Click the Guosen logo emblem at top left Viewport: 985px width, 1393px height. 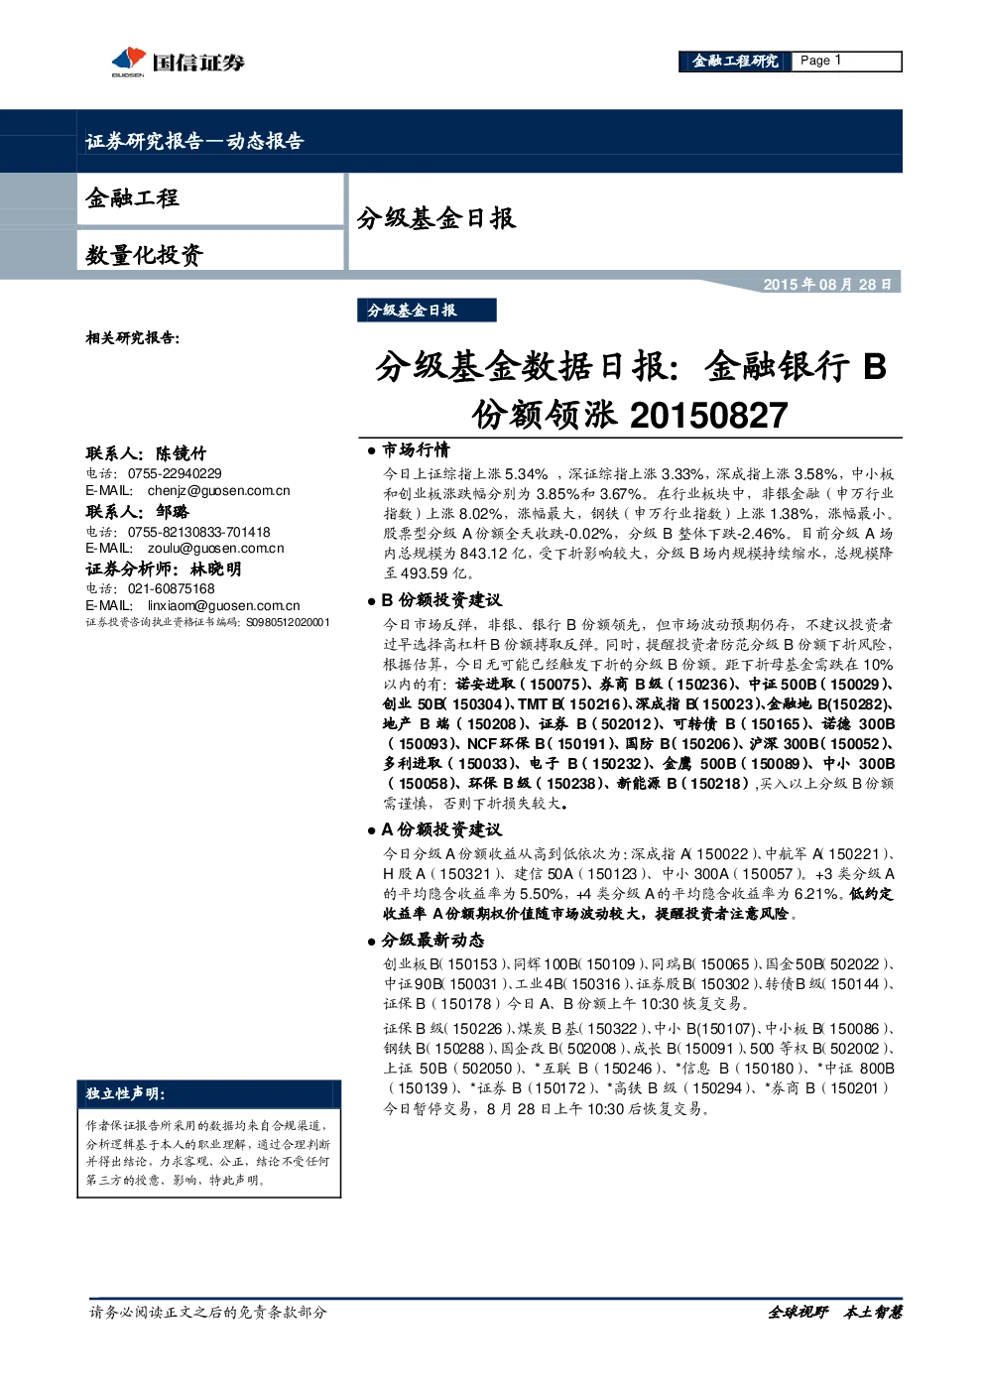(129, 61)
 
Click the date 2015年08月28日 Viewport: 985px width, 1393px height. (827, 284)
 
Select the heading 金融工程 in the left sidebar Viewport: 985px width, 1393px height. (132, 198)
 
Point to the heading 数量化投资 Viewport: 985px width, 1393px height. (144, 254)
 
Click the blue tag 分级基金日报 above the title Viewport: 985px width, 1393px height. (427, 311)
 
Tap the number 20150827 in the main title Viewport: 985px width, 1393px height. (709, 416)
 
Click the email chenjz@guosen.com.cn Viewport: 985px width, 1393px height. (219, 491)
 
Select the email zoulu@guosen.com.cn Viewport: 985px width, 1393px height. (216, 549)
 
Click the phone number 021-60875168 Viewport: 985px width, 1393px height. (171, 588)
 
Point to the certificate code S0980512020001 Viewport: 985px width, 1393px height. (288, 622)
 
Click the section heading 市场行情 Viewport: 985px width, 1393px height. (416, 450)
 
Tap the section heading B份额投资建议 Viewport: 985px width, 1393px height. (441, 600)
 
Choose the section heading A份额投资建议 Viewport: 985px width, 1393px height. (441, 829)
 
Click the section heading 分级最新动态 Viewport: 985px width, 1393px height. (432, 941)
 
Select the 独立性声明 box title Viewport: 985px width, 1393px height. (125, 1094)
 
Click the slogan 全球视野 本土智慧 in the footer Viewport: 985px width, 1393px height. (834, 1313)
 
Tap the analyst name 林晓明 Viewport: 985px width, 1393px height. (216, 570)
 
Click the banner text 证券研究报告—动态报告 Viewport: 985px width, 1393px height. (194, 141)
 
